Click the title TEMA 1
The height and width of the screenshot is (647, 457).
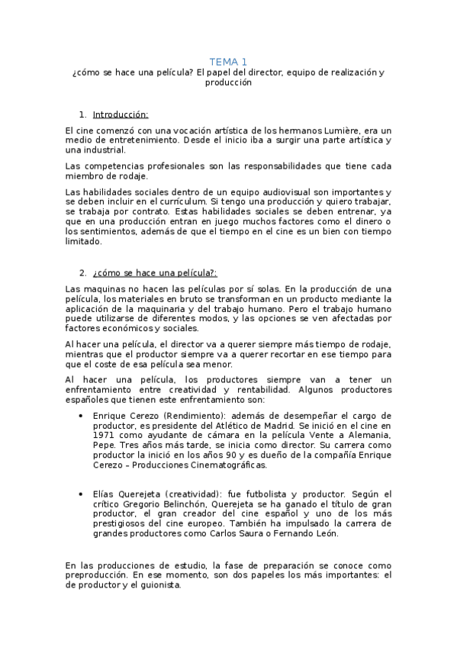point(229,62)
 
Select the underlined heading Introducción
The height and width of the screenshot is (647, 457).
point(120,115)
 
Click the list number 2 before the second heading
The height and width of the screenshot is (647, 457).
point(83,272)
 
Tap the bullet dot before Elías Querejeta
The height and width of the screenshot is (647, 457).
point(82,494)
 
